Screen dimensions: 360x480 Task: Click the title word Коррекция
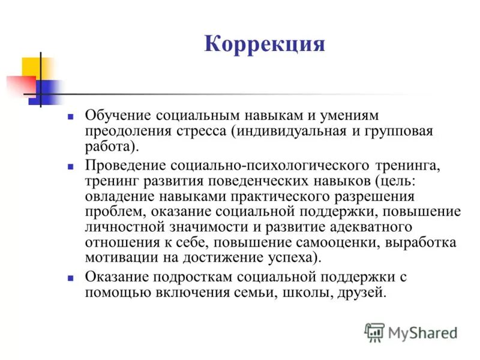[265, 45]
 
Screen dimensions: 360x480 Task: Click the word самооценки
[326, 243]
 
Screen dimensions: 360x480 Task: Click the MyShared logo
[411, 332]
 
